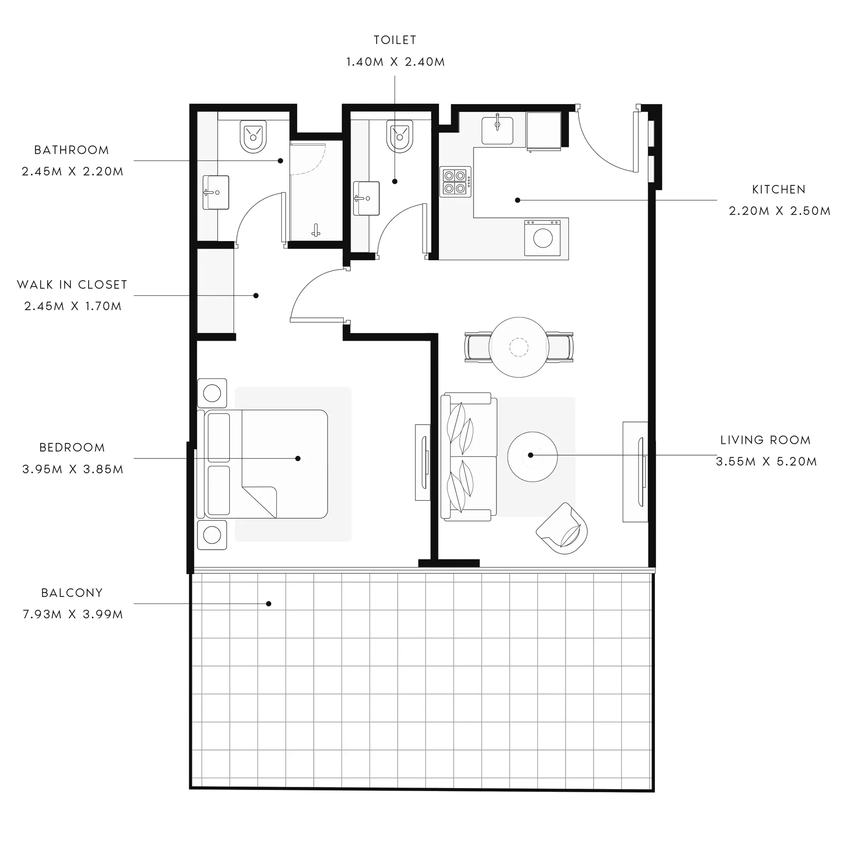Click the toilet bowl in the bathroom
253,137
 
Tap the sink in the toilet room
366,199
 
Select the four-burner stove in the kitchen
455,182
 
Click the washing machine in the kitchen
542,238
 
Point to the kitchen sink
498,130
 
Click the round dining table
519,348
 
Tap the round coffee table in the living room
532,457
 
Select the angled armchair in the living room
563,528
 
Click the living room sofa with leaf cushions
469,457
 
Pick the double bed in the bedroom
263,464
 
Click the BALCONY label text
72,593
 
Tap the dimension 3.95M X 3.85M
73,469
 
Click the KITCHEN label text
779,190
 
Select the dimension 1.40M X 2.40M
396,62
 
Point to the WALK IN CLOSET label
72,285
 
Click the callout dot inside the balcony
268,604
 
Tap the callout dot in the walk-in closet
256,296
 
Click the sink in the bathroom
216,192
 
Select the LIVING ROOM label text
766,440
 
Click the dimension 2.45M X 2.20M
73,172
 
